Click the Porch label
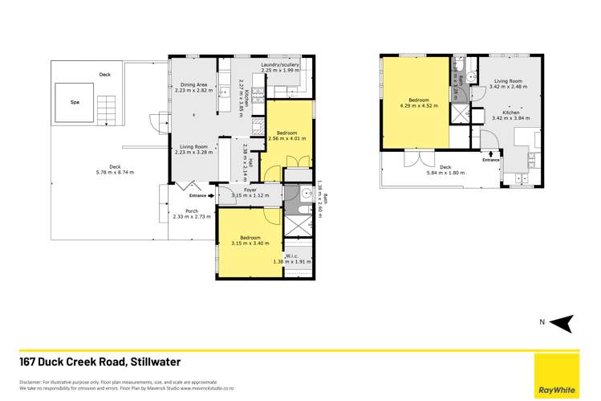click(x=191, y=211)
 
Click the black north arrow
click(x=563, y=322)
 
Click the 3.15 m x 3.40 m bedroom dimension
click(x=250, y=243)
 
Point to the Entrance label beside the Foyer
click(x=197, y=195)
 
